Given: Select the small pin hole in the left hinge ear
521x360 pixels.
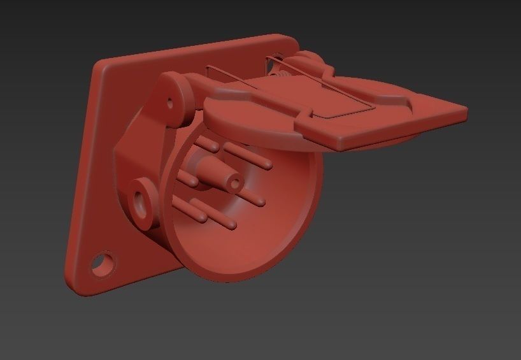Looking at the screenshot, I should (171, 101).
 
